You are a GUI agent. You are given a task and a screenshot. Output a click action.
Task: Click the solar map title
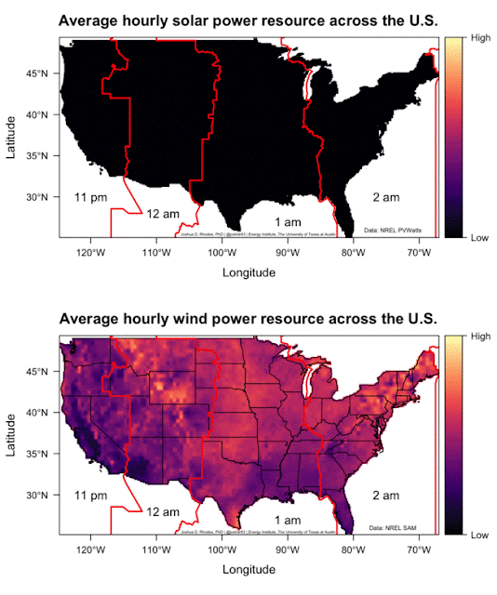248,20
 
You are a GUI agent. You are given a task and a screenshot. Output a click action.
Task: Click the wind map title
248,319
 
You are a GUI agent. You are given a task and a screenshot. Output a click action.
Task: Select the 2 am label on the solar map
386,197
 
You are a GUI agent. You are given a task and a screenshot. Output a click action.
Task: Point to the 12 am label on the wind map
164,512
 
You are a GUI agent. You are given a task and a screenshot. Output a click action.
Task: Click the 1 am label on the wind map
287,519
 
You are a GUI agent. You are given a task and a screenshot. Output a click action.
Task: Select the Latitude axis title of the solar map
12,137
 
